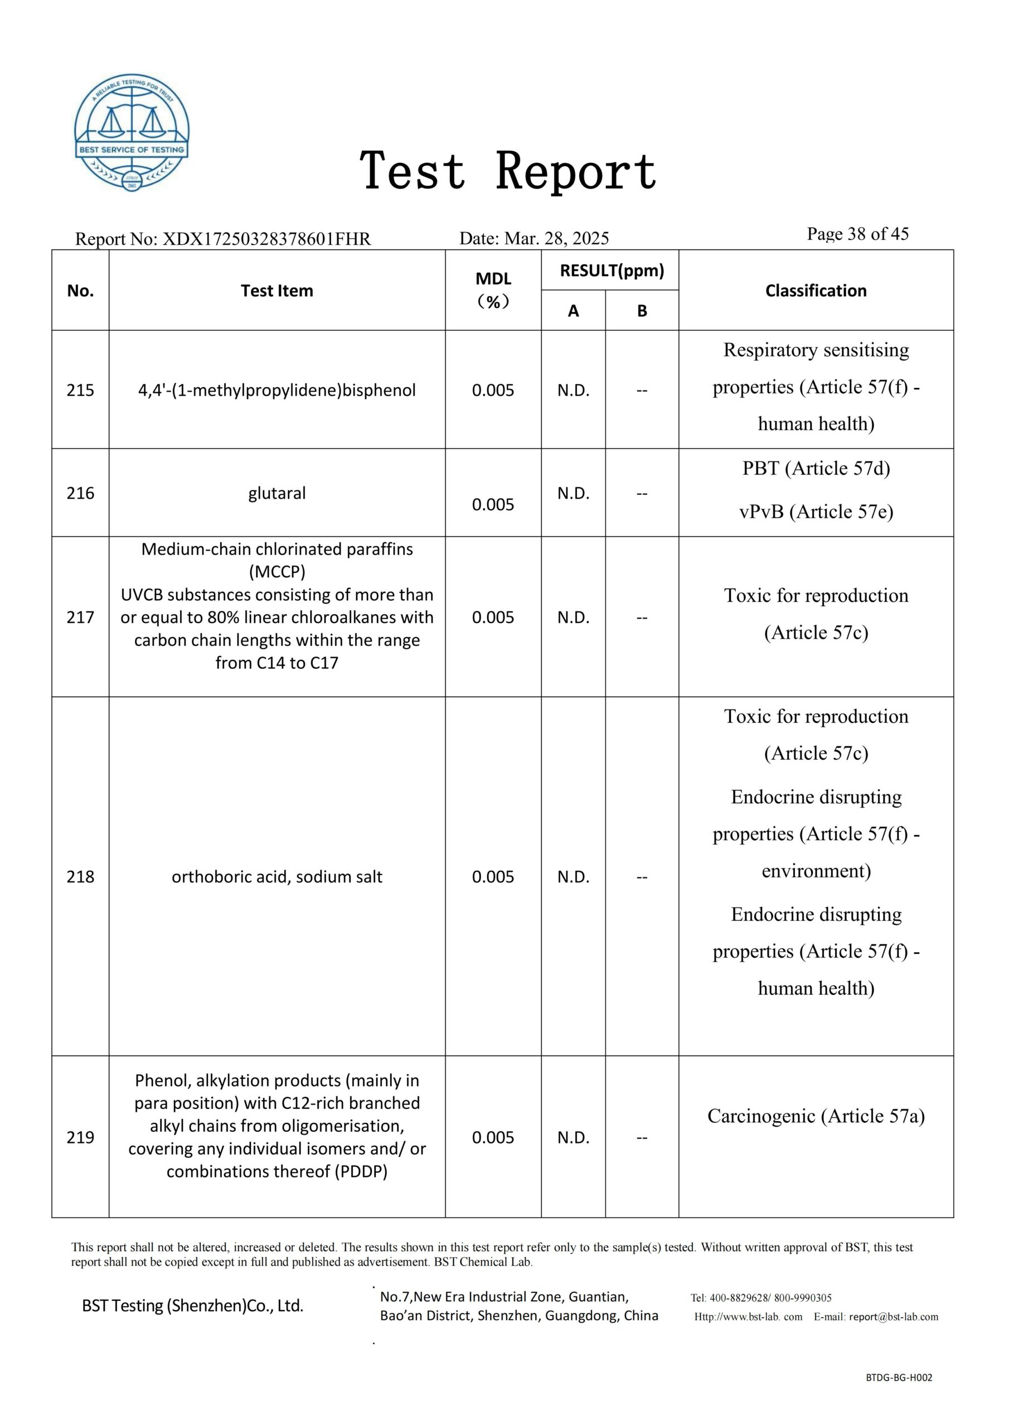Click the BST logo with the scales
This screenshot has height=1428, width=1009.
pyautogui.click(x=132, y=132)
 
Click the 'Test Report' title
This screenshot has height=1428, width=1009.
pyautogui.click(x=508, y=171)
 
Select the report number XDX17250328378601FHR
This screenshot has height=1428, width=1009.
pyautogui.click(x=266, y=239)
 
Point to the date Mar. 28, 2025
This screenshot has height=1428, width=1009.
pyautogui.click(x=556, y=238)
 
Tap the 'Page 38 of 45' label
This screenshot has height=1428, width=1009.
pyautogui.click(x=857, y=234)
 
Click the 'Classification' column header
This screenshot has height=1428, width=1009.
pyautogui.click(x=815, y=291)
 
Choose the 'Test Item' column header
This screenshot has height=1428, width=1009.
pyautogui.click(x=276, y=291)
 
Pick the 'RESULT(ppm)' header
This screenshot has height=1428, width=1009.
pyautogui.click(x=612, y=271)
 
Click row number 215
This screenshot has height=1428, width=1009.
pyautogui.click(x=80, y=390)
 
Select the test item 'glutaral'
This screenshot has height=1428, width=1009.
pyautogui.click(x=276, y=493)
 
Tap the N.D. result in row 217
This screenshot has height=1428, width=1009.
pyautogui.click(x=573, y=617)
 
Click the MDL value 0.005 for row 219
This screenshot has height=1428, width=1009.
pyautogui.click(x=493, y=1137)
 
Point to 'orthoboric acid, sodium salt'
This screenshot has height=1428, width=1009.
pyautogui.click(x=276, y=876)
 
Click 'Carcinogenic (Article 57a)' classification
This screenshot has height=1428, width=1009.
pyautogui.click(x=816, y=1116)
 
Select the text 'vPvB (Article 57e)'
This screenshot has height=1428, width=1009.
pyautogui.click(x=816, y=512)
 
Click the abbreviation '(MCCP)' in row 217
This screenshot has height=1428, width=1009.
pyautogui.click(x=276, y=572)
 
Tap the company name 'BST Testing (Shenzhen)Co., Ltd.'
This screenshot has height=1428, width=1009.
pyautogui.click(x=193, y=1305)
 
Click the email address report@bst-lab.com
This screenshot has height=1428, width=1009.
pyautogui.click(x=894, y=1316)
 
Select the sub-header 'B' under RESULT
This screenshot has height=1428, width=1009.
pyautogui.click(x=642, y=310)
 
